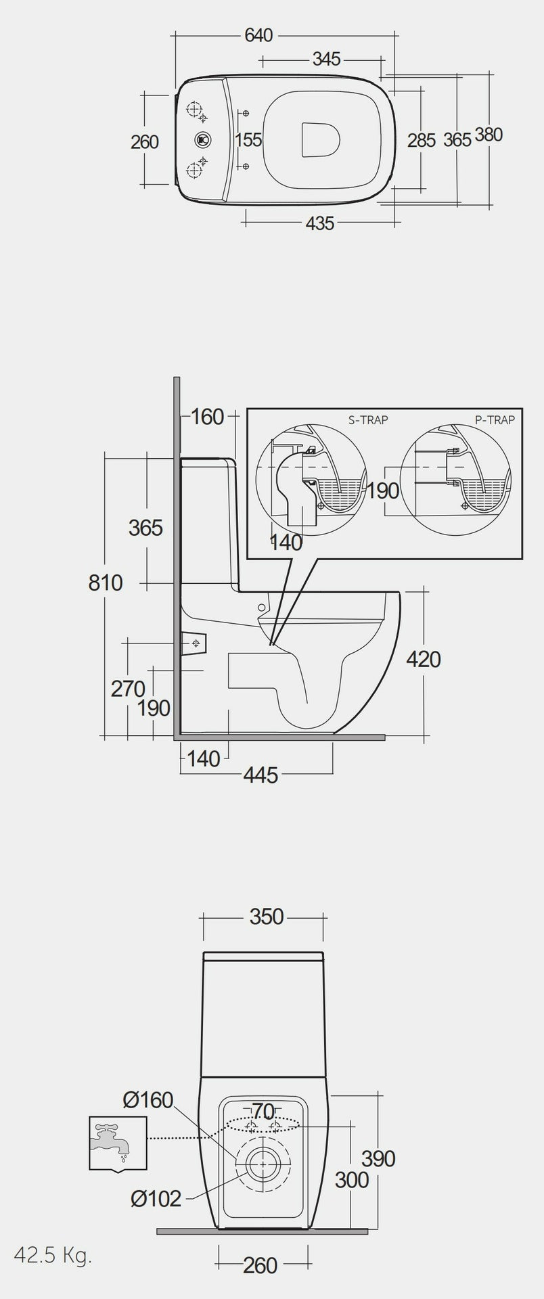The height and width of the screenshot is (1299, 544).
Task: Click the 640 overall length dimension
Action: (x=258, y=35)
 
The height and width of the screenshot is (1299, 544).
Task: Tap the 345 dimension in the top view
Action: (x=326, y=60)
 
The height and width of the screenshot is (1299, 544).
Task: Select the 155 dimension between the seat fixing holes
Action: (x=249, y=140)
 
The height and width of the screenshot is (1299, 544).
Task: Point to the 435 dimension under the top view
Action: (x=320, y=223)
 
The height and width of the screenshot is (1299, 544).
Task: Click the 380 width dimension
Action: (x=488, y=135)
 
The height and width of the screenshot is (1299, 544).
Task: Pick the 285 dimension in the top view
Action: (x=422, y=140)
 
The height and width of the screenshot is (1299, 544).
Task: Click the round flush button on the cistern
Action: (x=202, y=140)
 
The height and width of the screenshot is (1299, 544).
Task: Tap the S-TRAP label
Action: (x=368, y=420)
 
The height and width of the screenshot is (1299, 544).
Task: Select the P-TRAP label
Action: (x=495, y=420)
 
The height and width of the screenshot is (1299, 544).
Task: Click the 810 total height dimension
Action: (x=106, y=583)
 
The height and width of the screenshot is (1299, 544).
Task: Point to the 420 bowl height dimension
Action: (x=424, y=659)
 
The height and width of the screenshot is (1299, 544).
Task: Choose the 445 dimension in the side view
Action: (x=260, y=775)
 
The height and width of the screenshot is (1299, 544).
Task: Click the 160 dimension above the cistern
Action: (x=206, y=417)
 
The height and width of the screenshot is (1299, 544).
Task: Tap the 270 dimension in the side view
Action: (x=128, y=689)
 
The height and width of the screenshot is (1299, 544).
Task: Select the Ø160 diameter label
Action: (x=148, y=1100)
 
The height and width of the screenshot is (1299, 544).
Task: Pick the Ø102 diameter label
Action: (x=156, y=1199)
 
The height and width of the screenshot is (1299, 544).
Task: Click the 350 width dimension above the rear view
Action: (x=267, y=917)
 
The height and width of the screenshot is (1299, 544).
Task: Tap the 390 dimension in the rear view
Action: (x=378, y=1158)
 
